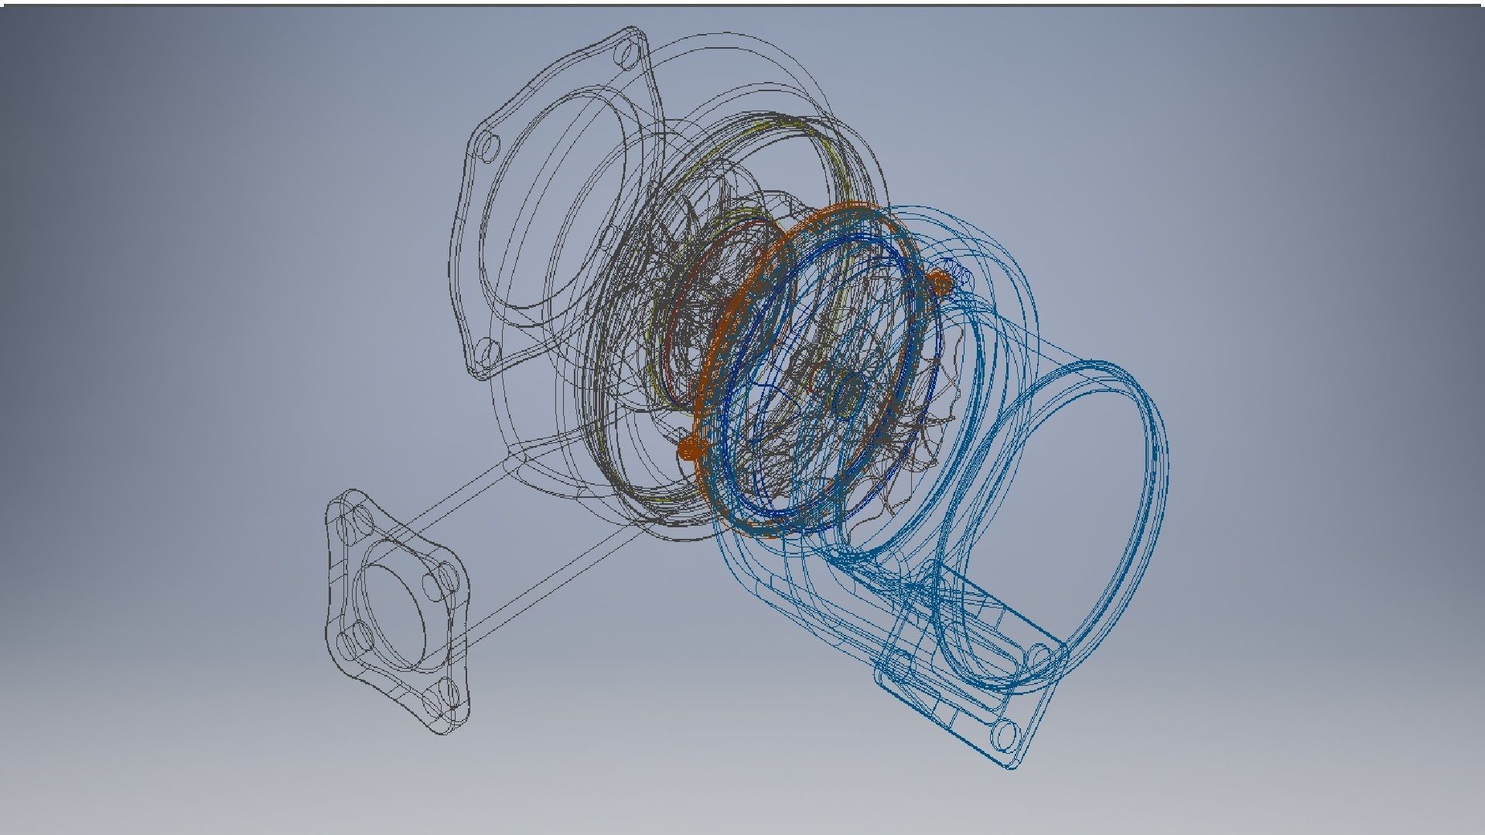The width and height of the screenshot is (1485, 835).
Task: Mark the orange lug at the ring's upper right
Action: click(939, 284)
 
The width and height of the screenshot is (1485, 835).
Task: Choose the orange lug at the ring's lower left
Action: click(688, 448)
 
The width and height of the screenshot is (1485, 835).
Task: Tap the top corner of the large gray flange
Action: click(634, 32)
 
